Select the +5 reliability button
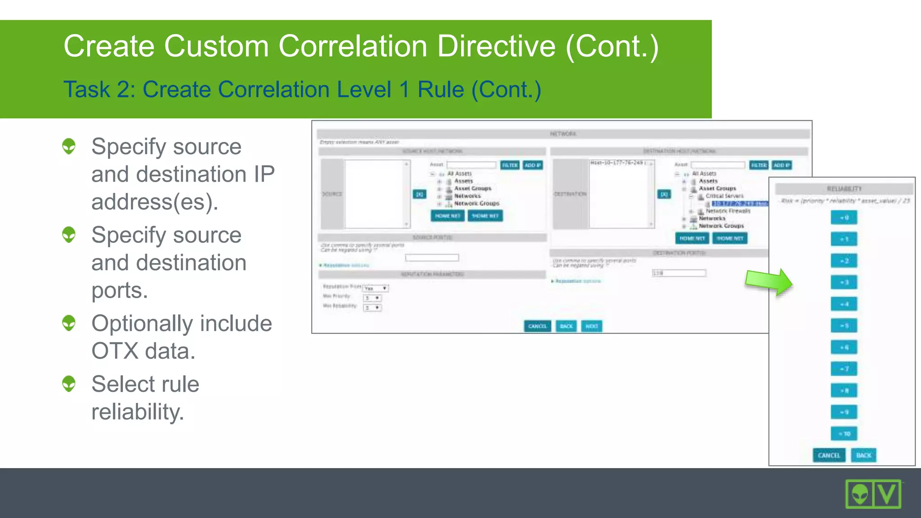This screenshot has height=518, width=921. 844,326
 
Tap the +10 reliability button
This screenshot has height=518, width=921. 844,433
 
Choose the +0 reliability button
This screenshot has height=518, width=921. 844,218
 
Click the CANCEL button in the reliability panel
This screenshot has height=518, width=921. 829,455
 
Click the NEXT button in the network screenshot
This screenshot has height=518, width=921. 591,326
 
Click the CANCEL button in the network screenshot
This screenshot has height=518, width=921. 537,326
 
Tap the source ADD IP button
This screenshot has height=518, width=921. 532,165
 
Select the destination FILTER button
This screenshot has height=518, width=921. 759,165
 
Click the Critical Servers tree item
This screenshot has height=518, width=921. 724,196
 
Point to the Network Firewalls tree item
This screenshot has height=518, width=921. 728,211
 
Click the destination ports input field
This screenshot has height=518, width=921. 679,273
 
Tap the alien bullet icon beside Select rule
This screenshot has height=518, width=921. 69,384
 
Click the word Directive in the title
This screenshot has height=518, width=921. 496,46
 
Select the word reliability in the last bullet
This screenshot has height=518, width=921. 137,412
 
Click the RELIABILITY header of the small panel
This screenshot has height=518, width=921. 844,189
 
